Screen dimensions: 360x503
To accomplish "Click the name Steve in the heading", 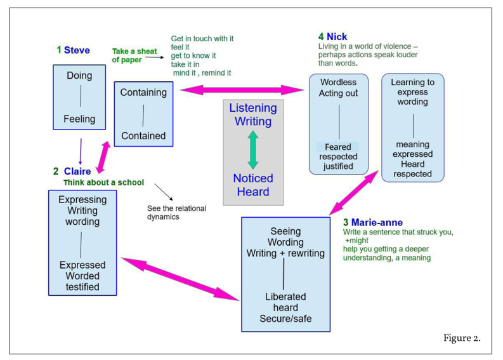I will [x=77, y=50].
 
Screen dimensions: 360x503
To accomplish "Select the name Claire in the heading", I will [x=77, y=171].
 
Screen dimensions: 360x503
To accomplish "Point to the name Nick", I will [x=337, y=37].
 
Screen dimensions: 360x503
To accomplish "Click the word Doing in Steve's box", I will [x=79, y=76].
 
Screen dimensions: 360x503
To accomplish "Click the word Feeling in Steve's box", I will [x=79, y=119].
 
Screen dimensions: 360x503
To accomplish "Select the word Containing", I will [x=143, y=93].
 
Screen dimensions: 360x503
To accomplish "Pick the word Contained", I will [x=143, y=136].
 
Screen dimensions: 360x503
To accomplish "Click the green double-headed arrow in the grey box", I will [x=253, y=150].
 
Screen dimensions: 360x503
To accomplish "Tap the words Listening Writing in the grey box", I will [x=253, y=115].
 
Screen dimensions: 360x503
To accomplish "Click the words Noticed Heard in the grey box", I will [x=253, y=185].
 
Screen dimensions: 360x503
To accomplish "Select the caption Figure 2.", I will [x=462, y=338].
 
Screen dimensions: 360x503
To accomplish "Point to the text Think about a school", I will [x=103, y=183].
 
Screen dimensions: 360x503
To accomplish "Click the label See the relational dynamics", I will [x=176, y=213].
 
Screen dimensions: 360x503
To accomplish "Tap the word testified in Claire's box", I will [x=82, y=287].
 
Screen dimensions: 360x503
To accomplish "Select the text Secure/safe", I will [x=285, y=319].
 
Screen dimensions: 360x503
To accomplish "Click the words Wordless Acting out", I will [x=338, y=88].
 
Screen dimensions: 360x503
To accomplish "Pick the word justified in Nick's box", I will [x=338, y=167].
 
